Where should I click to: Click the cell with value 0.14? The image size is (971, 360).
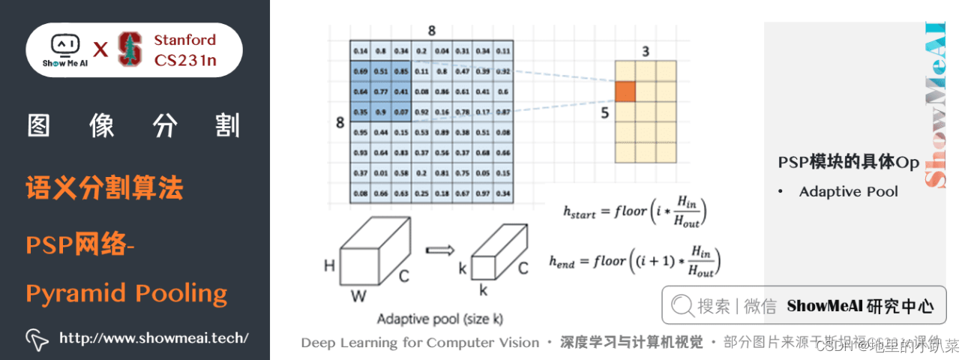click(x=360, y=51)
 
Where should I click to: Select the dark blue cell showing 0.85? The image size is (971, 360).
click(x=400, y=72)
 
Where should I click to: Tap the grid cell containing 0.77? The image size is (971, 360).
click(x=380, y=91)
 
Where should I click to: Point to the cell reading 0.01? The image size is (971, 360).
click(x=380, y=173)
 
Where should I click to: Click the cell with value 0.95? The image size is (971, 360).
click(x=360, y=133)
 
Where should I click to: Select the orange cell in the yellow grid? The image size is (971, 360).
click(x=625, y=91)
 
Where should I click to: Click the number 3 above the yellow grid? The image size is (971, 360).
click(x=645, y=52)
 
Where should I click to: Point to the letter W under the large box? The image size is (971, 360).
click(x=359, y=296)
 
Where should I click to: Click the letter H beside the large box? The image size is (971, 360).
click(x=329, y=265)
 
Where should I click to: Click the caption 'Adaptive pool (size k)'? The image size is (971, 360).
click(x=440, y=319)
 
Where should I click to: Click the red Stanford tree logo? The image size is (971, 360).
click(x=130, y=49)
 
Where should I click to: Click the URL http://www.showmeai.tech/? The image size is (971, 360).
click(x=154, y=338)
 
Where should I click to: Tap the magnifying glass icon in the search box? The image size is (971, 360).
click(x=682, y=305)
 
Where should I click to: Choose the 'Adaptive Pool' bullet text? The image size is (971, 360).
click(x=848, y=191)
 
